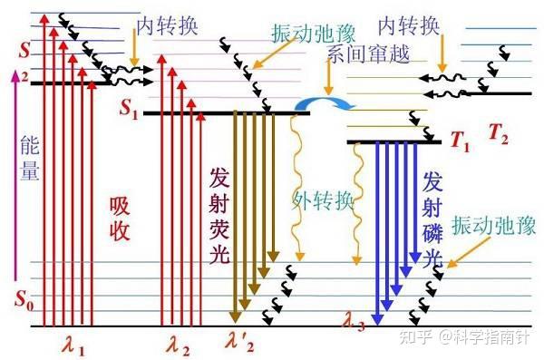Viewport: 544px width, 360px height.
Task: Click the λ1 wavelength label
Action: coord(73,345)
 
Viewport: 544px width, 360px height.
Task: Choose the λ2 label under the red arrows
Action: coord(179,345)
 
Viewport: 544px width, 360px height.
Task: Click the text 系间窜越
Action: coord(370,54)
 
